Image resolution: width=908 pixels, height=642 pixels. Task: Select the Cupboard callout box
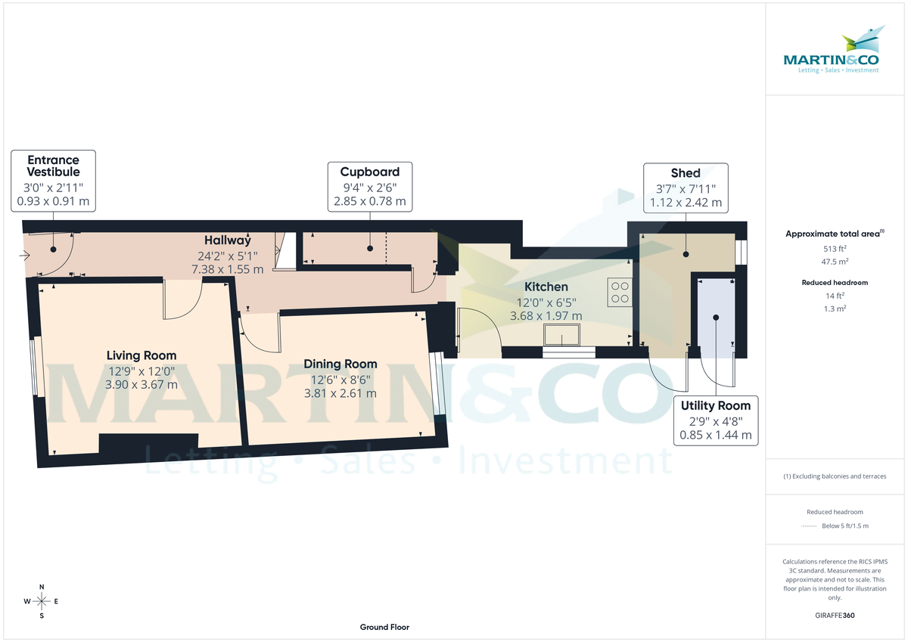(369, 186)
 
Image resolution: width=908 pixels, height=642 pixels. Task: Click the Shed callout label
(686, 188)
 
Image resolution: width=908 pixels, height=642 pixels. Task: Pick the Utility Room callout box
(715, 420)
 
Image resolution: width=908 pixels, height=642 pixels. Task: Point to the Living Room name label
(141, 355)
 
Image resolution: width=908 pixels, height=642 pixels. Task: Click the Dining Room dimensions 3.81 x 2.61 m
(340, 393)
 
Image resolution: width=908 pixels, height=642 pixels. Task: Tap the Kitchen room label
(546, 287)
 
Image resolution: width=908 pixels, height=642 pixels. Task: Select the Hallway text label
(227, 240)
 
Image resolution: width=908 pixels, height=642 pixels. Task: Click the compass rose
(42, 601)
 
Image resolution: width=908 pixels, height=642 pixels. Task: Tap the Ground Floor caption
(384, 628)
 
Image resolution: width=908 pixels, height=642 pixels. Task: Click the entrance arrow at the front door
(25, 255)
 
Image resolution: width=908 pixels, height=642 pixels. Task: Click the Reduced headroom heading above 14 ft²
(835, 282)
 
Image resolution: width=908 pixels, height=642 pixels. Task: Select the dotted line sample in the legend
(810, 526)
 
